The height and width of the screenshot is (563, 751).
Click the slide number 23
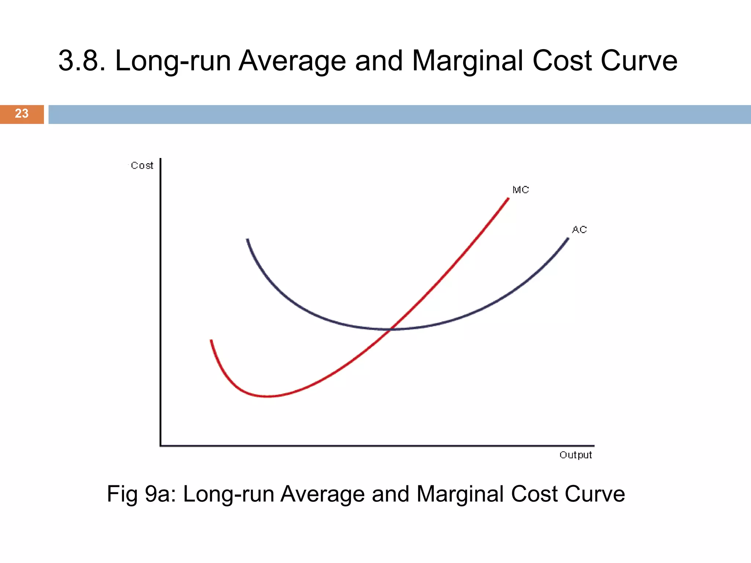pyautogui.click(x=22, y=114)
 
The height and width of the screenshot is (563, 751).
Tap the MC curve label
pyautogui.click(x=520, y=190)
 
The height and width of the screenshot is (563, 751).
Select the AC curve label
pyautogui.click(x=579, y=230)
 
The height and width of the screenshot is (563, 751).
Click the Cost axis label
pyautogui.click(x=142, y=166)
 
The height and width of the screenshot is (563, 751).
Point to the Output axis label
pyautogui.click(x=575, y=455)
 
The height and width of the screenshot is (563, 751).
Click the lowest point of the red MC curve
pyautogui.click(x=268, y=396)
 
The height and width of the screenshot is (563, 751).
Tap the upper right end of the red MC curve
pyautogui.click(x=508, y=199)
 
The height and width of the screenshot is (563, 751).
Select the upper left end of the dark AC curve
pyautogui.click(x=248, y=240)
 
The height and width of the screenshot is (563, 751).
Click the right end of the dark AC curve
pyautogui.click(x=568, y=239)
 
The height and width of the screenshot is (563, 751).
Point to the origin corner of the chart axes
pyautogui.click(x=161, y=446)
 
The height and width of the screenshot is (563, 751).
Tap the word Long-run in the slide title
pyautogui.click(x=173, y=61)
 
